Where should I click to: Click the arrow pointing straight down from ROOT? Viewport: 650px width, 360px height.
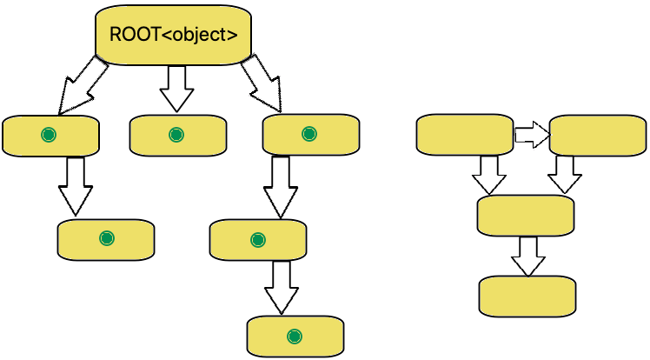tap(176, 89)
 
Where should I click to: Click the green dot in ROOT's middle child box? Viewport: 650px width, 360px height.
tap(176, 135)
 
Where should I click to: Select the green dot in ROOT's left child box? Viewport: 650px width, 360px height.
tap(49, 135)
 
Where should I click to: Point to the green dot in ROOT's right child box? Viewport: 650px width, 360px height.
tap(308, 134)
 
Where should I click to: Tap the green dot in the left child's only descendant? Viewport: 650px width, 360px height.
tap(106, 238)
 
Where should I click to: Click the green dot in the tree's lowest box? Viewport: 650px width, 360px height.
tap(294, 337)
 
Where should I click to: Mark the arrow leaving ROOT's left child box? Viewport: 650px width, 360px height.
tap(75, 185)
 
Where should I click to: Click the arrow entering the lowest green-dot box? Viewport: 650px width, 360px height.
tap(280, 286)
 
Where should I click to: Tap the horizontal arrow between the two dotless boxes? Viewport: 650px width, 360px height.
tap(531, 135)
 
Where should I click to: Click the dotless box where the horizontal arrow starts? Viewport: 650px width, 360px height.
tap(465, 136)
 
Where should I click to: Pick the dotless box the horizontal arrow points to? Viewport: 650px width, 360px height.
tap(598, 136)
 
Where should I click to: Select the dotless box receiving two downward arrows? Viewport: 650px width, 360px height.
tap(526, 215)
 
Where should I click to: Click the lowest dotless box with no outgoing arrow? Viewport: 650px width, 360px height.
tap(527, 297)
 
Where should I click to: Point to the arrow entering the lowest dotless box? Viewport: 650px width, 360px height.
tap(527, 255)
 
